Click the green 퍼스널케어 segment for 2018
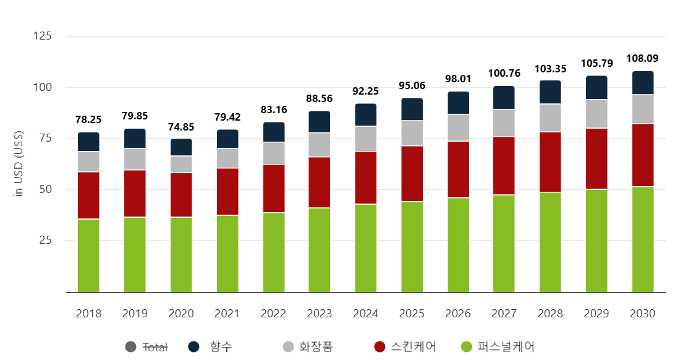pos(88,255)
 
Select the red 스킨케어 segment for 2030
pos(643,155)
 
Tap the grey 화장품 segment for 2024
pos(366,139)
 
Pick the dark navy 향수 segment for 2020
pos(181,147)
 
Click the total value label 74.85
pos(181,127)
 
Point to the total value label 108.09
pos(643,59)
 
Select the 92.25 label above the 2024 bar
pos(366,91)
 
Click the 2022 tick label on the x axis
pos(273,314)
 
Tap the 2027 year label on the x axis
pos(504,314)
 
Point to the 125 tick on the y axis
pos(43,36)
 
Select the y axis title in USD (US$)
pos(19,165)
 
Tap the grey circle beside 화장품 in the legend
pos(288,347)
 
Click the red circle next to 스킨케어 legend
pos(380,347)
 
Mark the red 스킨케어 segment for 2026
pos(458,169)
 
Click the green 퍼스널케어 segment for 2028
pos(551,242)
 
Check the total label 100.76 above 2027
pos(504,73)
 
